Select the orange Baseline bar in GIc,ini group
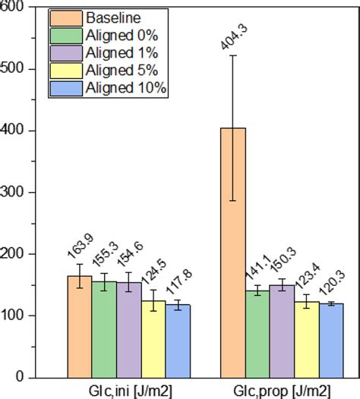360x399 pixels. coord(80,326)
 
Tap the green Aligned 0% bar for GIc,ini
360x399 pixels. coord(104,329)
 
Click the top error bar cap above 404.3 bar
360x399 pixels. coord(232,55)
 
